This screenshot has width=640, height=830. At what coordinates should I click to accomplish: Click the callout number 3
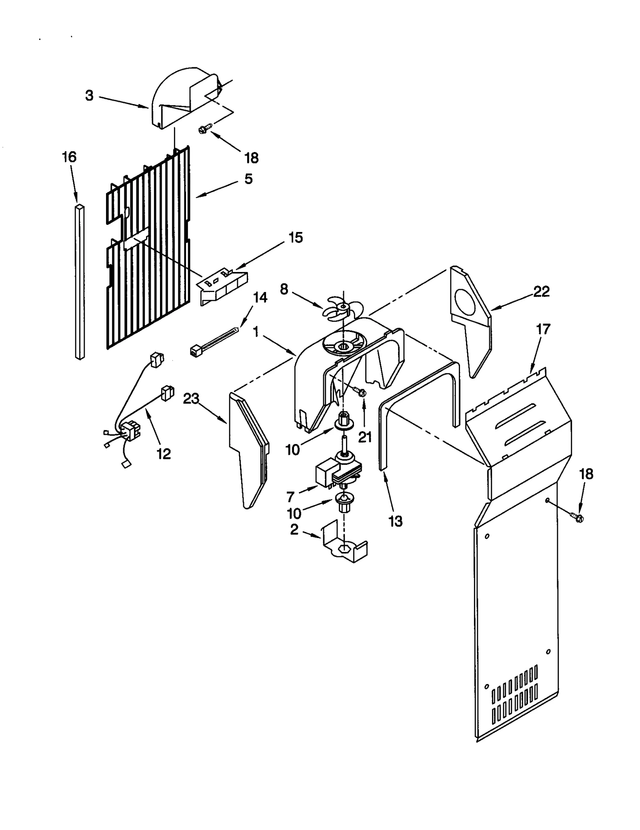click(89, 96)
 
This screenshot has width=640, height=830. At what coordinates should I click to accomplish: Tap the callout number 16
click(69, 157)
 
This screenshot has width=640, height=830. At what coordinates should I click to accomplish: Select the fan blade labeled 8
click(339, 308)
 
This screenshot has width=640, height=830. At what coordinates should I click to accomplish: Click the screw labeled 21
click(361, 392)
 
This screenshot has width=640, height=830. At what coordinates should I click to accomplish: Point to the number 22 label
click(541, 291)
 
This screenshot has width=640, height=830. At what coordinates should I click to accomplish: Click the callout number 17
click(543, 330)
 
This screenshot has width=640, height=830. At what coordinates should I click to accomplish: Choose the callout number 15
click(296, 238)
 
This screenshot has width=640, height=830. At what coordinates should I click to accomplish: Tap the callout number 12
click(164, 454)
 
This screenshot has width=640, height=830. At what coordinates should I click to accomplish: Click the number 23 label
click(191, 399)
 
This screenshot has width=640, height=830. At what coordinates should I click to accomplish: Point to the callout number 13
click(395, 521)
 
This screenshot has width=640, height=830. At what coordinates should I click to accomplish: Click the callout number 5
click(248, 179)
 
